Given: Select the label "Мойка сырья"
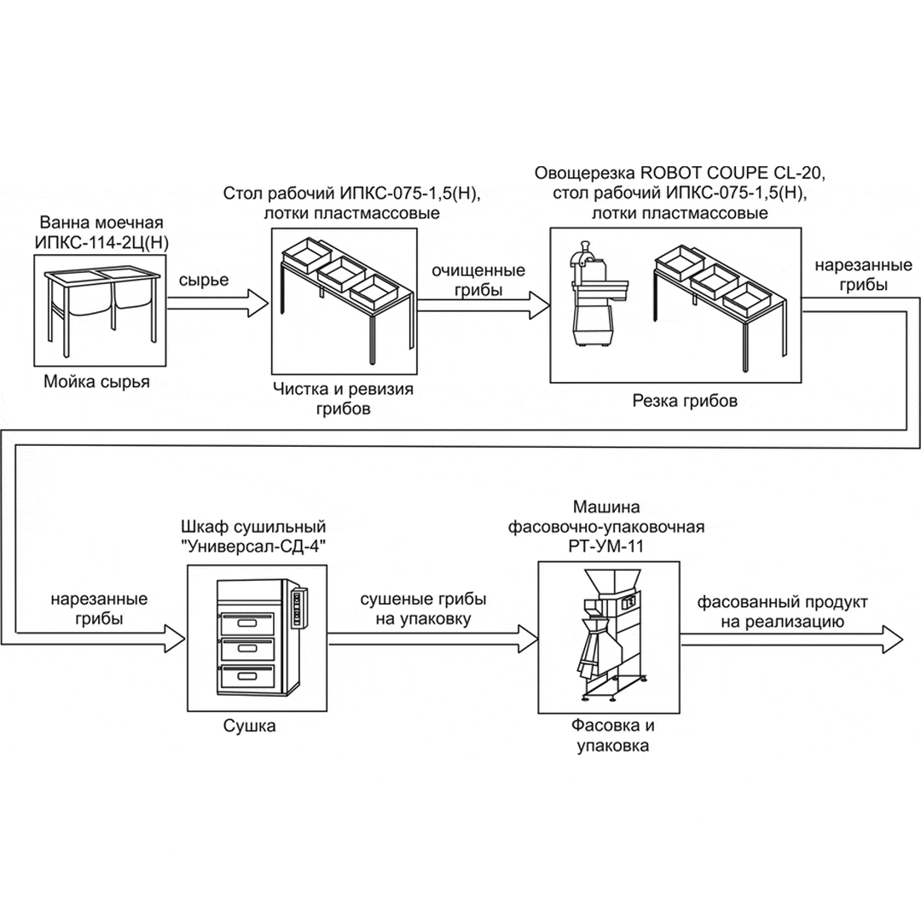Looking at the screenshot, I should coord(97,382).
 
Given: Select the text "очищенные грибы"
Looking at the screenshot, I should coord(478,280).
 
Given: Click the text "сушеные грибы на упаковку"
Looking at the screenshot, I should coord(423,611).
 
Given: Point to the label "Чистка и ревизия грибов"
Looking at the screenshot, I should coord(343,399).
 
